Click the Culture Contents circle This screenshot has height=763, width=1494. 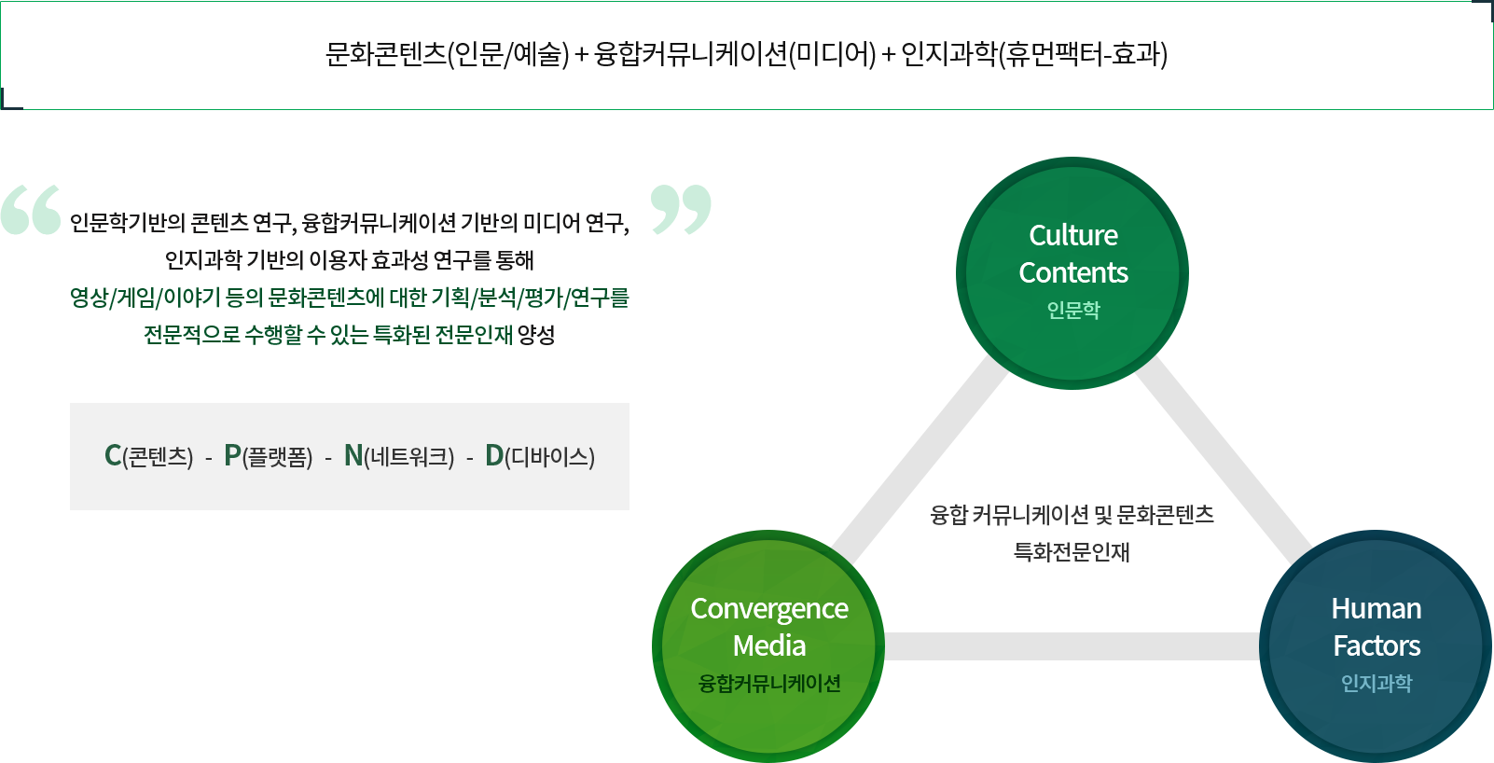[1072, 272]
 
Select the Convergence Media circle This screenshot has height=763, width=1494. [768, 645]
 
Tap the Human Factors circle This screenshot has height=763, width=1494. [1376, 645]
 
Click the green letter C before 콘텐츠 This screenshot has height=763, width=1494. [113, 455]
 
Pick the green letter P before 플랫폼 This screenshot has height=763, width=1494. [232, 455]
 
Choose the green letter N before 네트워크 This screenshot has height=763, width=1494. [353, 455]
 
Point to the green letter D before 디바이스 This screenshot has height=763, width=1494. [494, 455]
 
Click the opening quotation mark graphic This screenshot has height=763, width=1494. [31, 210]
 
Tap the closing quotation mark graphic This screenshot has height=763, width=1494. [681, 210]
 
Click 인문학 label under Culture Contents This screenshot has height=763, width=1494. [1073, 310]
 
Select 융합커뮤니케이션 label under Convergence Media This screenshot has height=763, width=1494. [769, 683]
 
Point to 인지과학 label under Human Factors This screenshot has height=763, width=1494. [1376, 683]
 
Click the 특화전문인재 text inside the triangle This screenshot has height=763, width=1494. [1072, 552]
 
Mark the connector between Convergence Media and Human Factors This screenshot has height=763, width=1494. [1072, 646]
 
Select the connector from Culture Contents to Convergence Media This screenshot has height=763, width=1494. [920, 460]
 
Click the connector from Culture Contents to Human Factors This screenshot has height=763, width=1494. [1224, 460]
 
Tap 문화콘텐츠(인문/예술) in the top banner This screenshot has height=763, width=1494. [447, 54]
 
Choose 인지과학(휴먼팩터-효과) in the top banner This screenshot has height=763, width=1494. [1034, 54]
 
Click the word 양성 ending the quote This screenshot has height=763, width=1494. [536, 334]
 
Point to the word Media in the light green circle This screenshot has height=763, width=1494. [769, 645]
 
